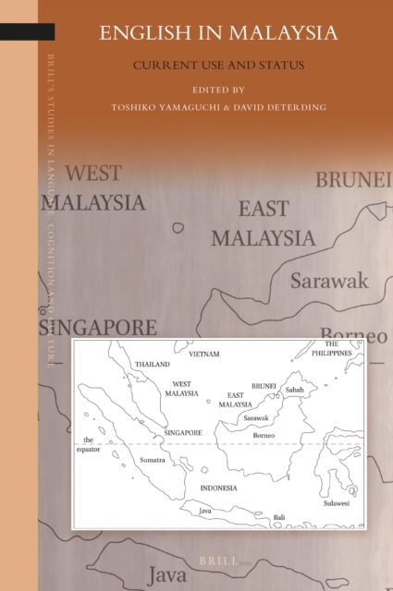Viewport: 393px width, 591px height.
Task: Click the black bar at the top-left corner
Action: coord(27,31)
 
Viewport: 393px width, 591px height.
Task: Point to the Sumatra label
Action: coord(153,459)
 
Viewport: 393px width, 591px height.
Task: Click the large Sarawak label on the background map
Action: coord(328,280)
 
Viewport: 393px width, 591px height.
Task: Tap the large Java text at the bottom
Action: coord(173,574)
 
